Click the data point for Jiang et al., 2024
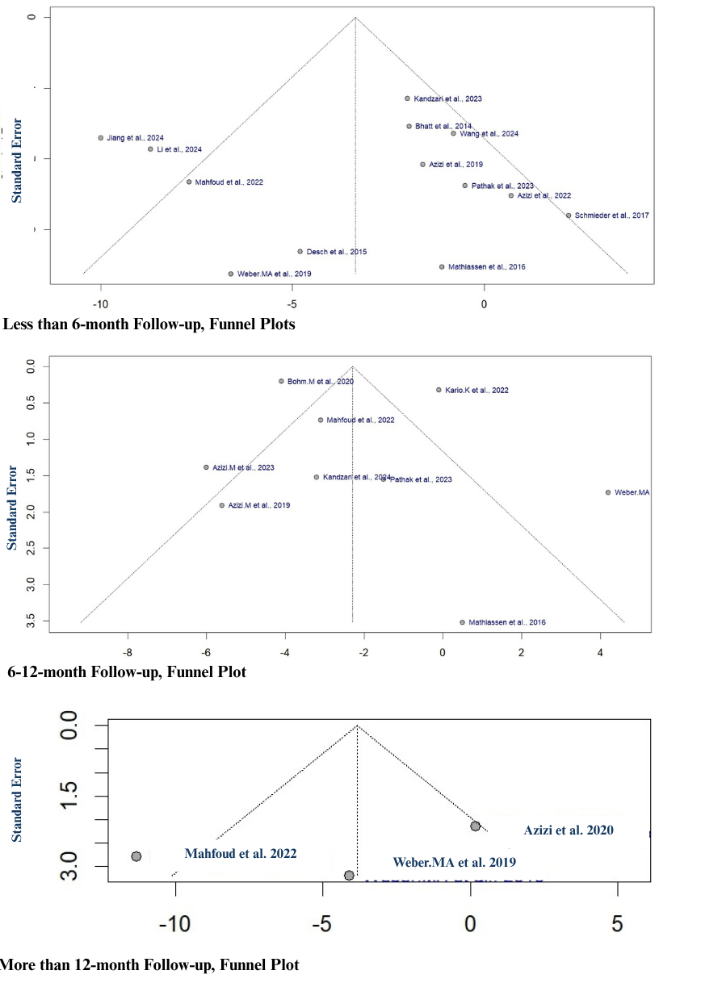[x=101, y=138]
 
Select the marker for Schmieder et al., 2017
[x=569, y=215]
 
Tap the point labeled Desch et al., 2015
[x=300, y=252]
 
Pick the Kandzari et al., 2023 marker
[x=407, y=98]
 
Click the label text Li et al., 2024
[x=179, y=149]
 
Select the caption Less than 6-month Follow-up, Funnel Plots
[x=149, y=325]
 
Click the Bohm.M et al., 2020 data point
[x=281, y=381]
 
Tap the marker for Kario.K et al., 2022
[x=439, y=390]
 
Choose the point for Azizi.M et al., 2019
[x=222, y=505]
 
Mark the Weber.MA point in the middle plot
[x=608, y=492]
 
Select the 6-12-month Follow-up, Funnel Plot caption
[x=126, y=671]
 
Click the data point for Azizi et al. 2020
[x=476, y=826]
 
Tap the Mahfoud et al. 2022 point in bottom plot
[x=136, y=856]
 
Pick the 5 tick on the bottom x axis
[x=618, y=923]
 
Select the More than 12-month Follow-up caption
[x=149, y=964]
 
